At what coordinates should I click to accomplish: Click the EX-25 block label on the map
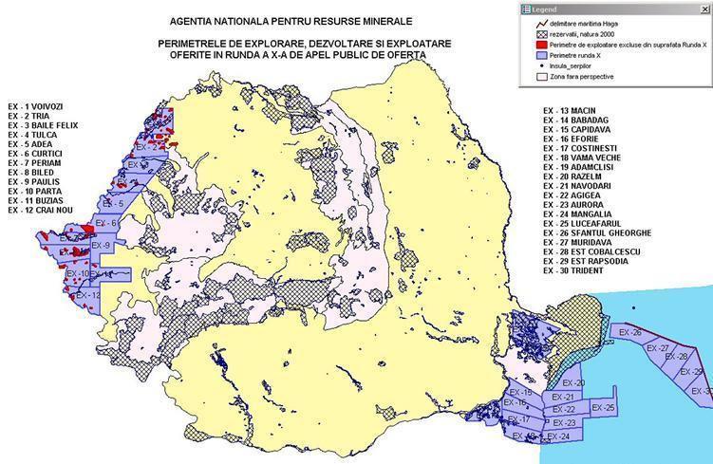pos(603,408)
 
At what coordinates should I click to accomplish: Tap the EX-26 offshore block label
pos(630,333)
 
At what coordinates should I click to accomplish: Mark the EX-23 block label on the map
pos(564,423)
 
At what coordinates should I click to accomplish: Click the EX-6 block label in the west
pos(108,224)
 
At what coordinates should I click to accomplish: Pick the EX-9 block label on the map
pos(101,246)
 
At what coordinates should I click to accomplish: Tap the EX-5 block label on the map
pos(114,204)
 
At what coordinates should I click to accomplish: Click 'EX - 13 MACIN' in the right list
pos(569,111)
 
